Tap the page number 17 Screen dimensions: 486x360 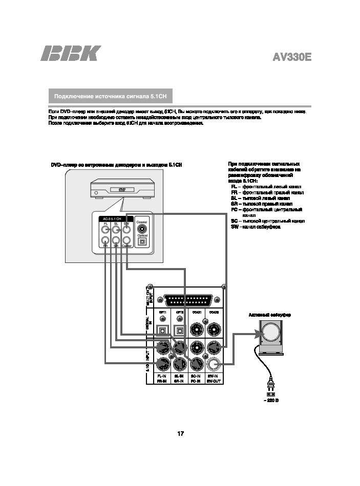(x=180, y=434)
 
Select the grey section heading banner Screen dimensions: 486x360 (x=111, y=96)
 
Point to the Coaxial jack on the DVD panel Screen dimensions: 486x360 (x=142, y=228)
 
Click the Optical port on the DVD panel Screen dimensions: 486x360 (x=142, y=241)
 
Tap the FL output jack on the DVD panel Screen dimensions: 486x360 (x=105, y=229)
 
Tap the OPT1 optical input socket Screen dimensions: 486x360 (x=163, y=328)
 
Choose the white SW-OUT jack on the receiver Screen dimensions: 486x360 (x=213, y=364)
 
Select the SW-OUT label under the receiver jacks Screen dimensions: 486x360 (x=213, y=381)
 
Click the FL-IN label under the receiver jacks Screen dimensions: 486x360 (x=162, y=376)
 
